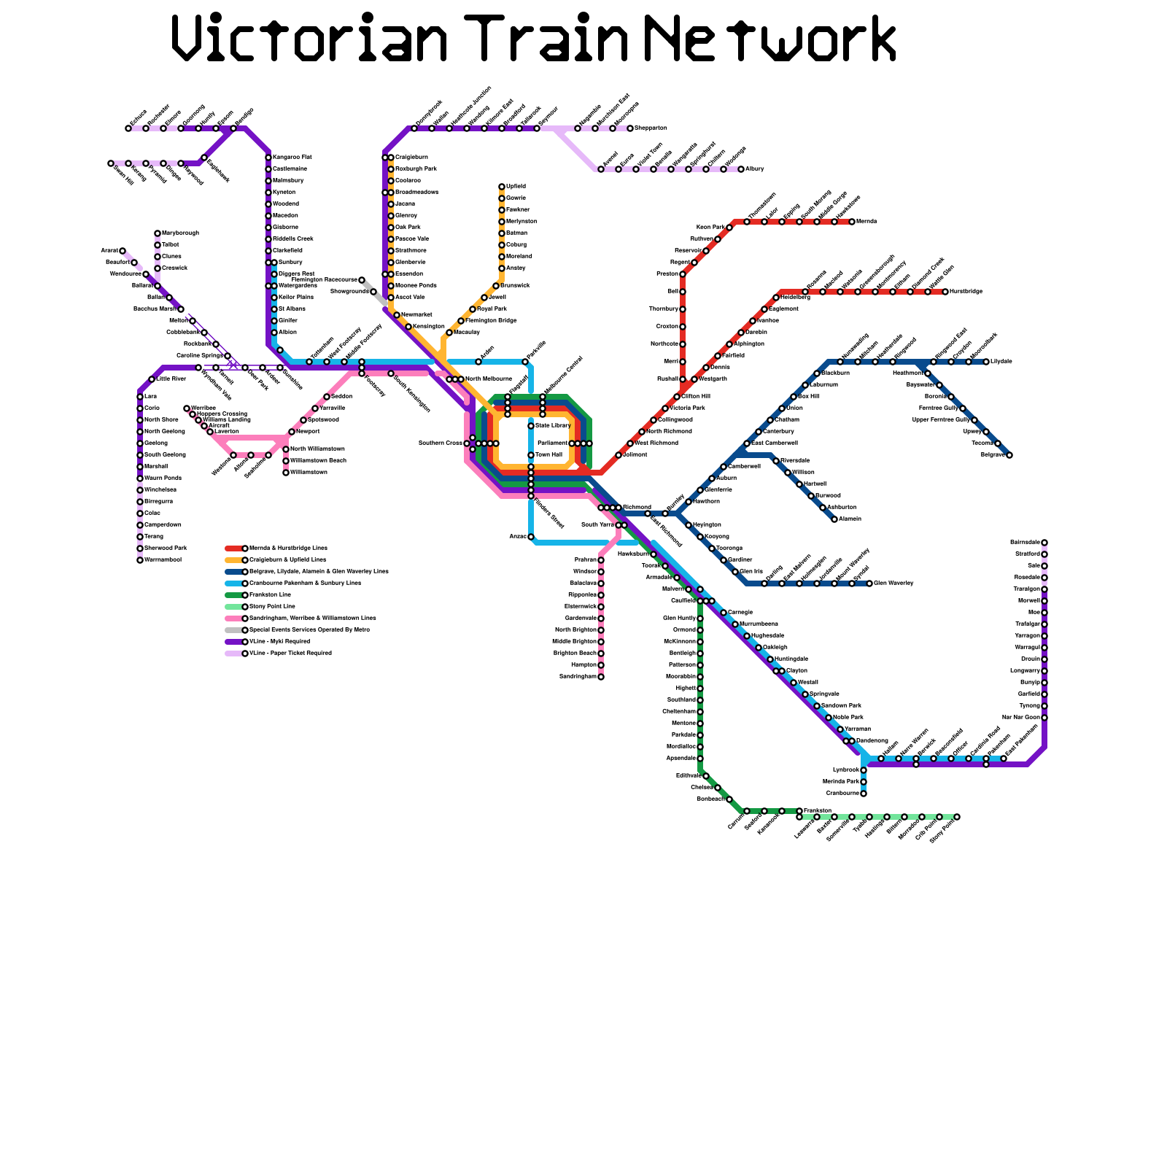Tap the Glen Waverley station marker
pyautogui.click(x=869, y=583)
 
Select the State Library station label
pyautogui.click(x=553, y=425)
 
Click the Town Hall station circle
pyautogui.click(x=531, y=455)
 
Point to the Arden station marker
pyautogui.click(x=478, y=362)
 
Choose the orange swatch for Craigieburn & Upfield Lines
pyautogui.click(x=234, y=560)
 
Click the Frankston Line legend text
pyautogui.click(x=270, y=595)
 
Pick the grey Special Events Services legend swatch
pyautogui.click(x=234, y=630)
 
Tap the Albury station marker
pyautogui.click(x=741, y=169)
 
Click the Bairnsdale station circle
pyautogui.click(x=1044, y=543)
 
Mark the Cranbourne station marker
pyautogui.click(x=864, y=794)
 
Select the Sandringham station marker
pyautogui.click(x=601, y=677)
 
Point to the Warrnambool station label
pyautogui.click(x=163, y=560)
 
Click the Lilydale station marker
pyautogui.click(x=986, y=362)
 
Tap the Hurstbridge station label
pyautogui.click(x=966, y=292)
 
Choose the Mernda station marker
pyautogui.click(x=852, y=222)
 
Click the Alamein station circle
pyautogui.click(x=834, y=519)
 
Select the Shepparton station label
pyautogui.click(x=651, y=128)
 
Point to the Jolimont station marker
pyautogui.click(x=619, y=455)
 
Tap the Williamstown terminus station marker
pyautogui.click(x=286, y=473)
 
